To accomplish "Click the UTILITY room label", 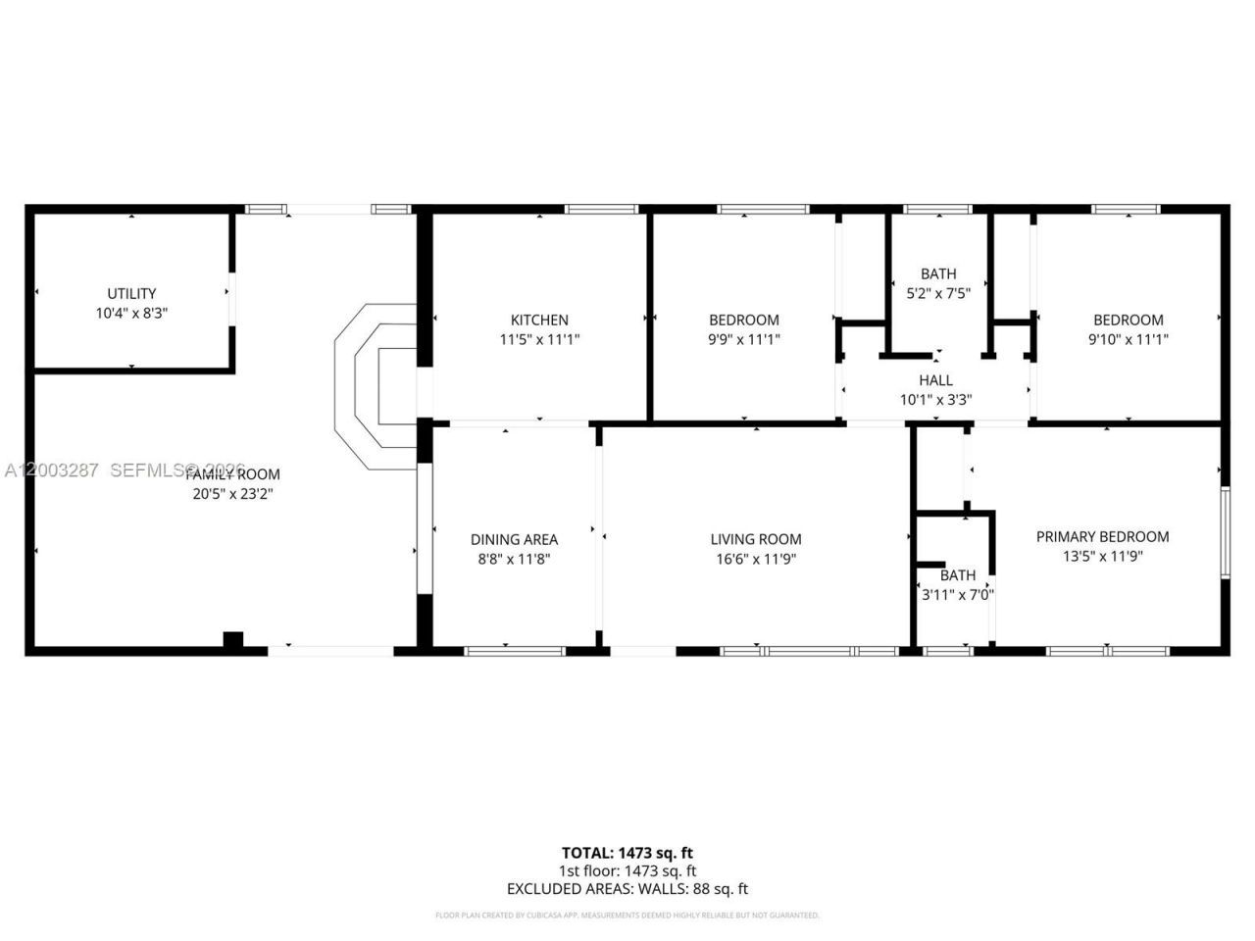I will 131,293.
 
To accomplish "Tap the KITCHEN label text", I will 539,320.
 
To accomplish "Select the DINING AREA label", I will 514,539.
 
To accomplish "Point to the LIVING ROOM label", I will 756,539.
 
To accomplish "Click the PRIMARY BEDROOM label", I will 1102,536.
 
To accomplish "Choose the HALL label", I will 935,380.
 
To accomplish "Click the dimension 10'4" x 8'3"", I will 131,313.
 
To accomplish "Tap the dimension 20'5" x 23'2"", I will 232,494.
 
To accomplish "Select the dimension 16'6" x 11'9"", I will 756,559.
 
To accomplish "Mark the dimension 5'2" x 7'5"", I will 938,293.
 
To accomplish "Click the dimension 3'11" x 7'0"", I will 958,594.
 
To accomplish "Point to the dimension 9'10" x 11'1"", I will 1129,339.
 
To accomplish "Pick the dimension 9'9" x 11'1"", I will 744,339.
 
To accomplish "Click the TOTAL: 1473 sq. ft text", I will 627,853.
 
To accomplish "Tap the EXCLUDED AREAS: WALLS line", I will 627,889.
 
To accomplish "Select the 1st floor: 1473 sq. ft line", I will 627,870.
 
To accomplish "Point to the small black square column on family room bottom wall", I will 232,640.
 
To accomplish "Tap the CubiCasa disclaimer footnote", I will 627,916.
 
